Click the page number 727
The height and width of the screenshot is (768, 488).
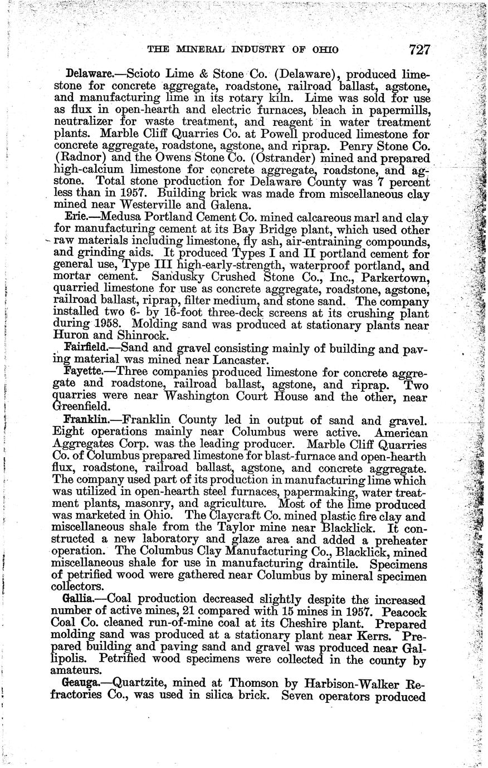coord(419,50)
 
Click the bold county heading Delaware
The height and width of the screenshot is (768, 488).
coord(86,74)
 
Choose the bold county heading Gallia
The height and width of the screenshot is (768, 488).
coord(79,600)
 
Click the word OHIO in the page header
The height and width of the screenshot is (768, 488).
coord(323,50)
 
